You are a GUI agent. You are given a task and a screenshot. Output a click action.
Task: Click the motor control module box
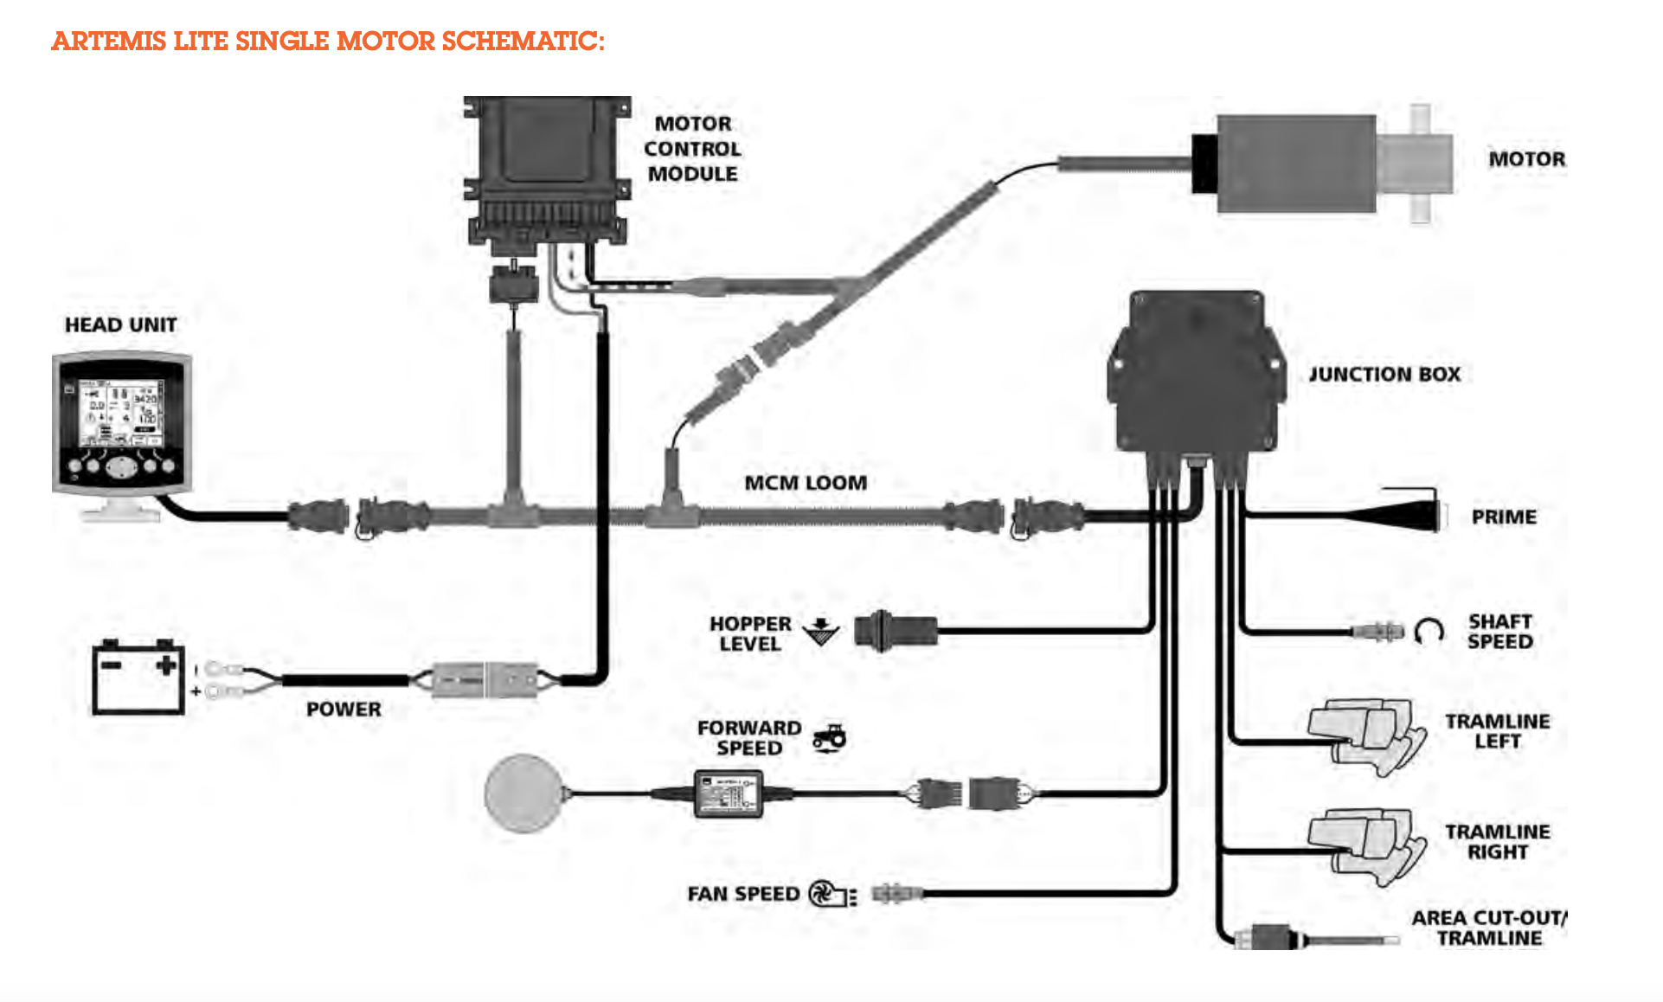point(546,173)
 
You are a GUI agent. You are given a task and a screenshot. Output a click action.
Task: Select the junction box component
point(1195,372)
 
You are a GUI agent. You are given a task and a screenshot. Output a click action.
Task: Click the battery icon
point(138,677)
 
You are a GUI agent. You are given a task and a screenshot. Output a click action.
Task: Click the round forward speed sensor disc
point(523,793)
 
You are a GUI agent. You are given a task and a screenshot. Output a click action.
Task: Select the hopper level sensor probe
point(895,630)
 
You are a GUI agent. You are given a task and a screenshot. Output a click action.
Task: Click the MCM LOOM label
point(806,483)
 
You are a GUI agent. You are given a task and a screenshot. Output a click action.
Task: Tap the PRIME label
point(1504,517)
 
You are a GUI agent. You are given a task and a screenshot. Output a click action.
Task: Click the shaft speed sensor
point(1377,631)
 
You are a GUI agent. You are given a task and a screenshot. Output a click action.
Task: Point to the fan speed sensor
point(897,893)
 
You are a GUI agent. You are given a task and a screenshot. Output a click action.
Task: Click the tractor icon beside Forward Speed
point(829,738)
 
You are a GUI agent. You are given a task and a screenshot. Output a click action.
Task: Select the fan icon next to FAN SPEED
point(831,894)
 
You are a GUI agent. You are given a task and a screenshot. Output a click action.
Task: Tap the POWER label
point(344,710)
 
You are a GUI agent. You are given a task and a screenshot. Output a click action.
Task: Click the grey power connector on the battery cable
point(485,680)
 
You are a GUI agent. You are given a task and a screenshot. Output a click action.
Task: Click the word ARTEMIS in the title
point(108,41)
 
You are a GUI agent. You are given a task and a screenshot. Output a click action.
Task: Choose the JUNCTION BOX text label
point(1384,375)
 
